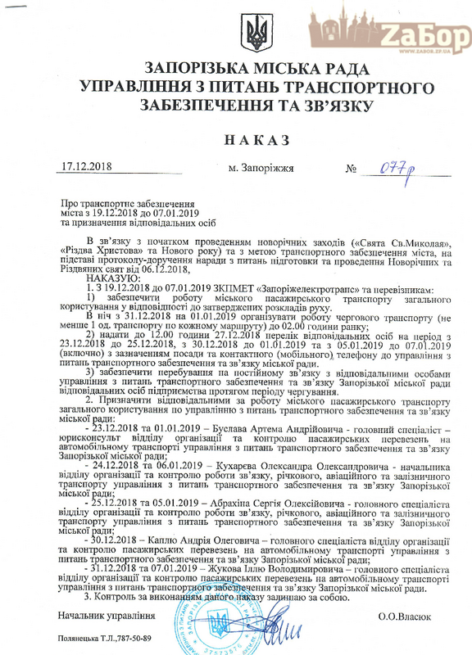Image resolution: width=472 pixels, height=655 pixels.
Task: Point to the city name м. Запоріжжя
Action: click(260, 169)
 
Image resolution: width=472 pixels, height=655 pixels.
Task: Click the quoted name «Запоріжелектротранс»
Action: click(302, 289)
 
